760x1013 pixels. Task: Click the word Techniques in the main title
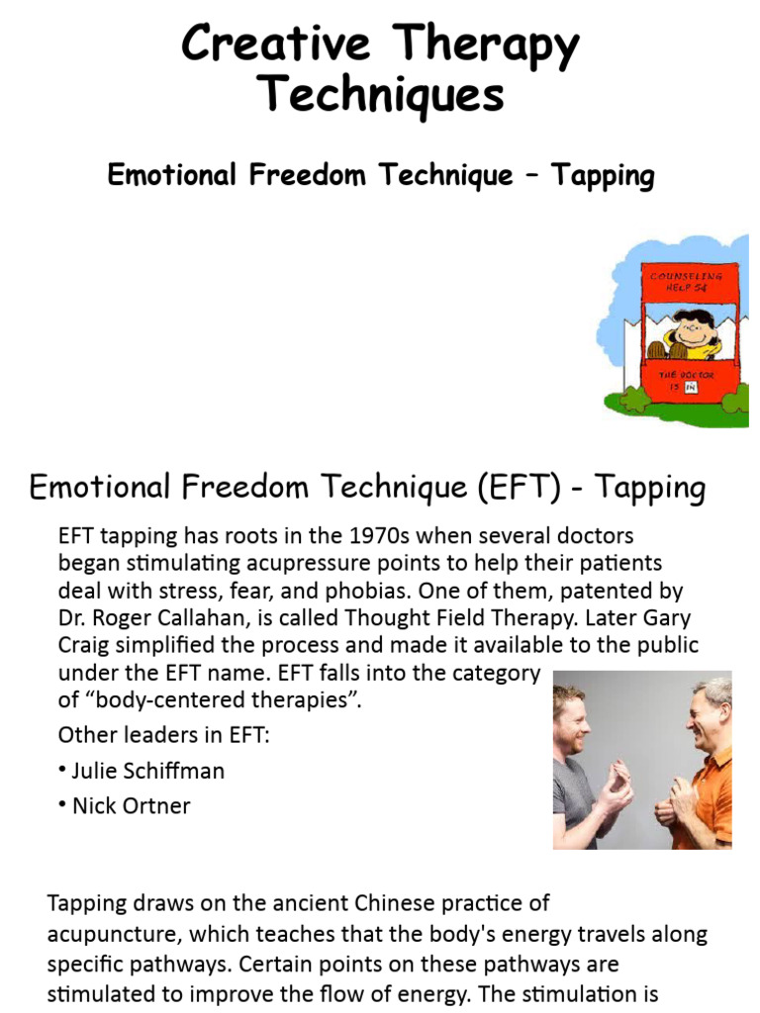pos(381,97)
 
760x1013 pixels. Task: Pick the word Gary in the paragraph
pos(672,618)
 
